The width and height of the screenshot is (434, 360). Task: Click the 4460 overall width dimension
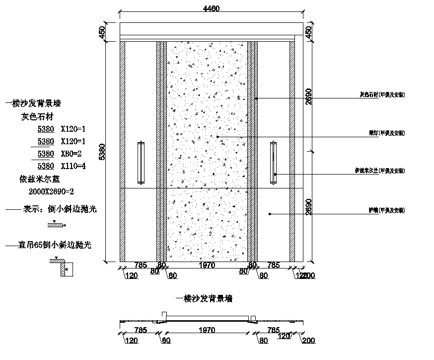click(211, 8)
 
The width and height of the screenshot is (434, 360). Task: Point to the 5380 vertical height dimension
click(103, 152)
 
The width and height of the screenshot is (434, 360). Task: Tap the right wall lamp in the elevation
click(274, 160)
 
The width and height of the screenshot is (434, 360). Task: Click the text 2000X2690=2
click(52, 191)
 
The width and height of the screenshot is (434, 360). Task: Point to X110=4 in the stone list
click(73, 166)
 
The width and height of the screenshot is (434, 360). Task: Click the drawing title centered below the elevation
click(205, 299)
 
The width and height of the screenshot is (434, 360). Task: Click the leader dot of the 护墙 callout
click(270, 214)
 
